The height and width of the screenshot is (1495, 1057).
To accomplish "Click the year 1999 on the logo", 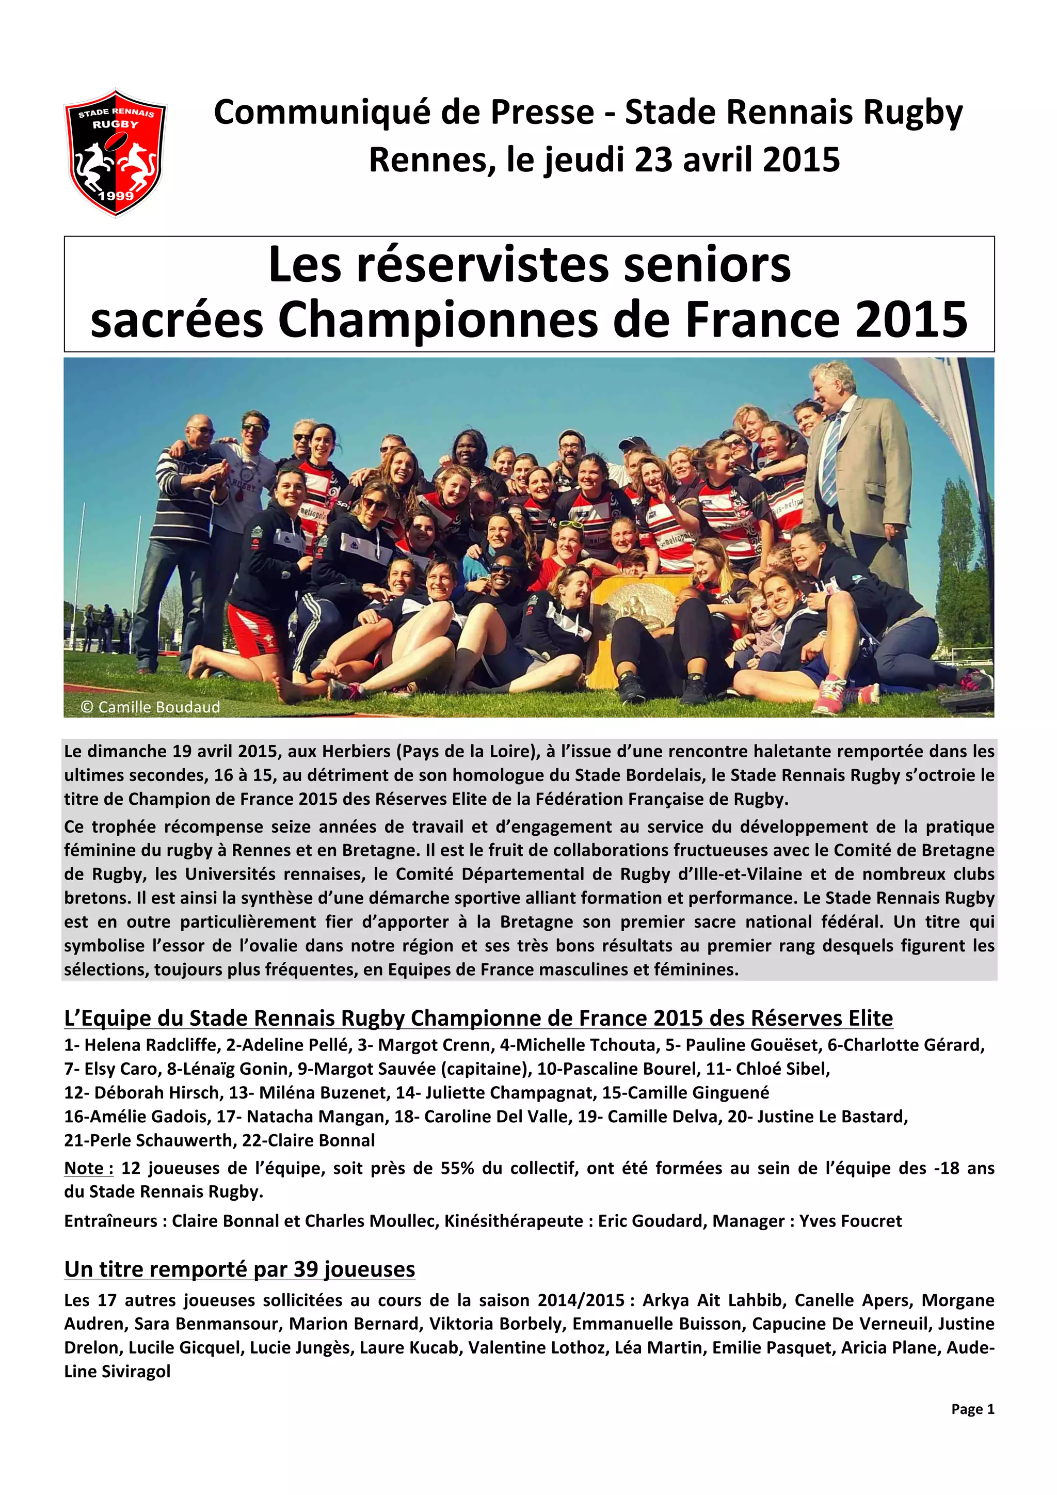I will coord(115,195).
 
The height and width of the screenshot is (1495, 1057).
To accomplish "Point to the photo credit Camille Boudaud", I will coord(151,707).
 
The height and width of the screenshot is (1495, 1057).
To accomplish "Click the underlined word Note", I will coord(88,1168).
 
